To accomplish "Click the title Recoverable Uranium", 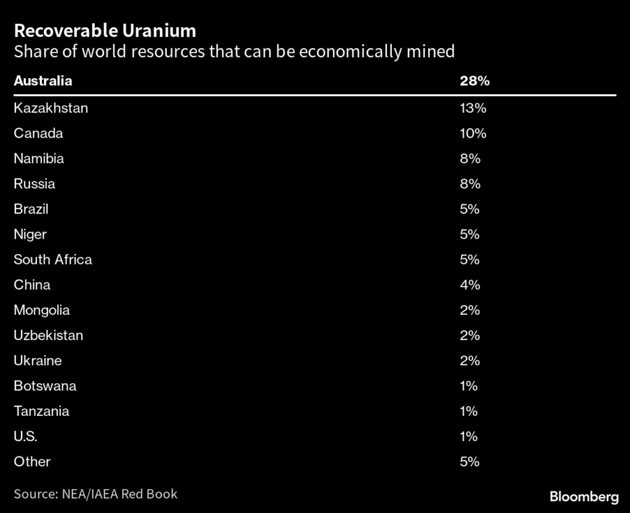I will pos(105,31).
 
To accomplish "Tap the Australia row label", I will pos(42,81).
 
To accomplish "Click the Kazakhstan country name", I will pos(51,108).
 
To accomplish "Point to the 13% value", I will pos(472,108).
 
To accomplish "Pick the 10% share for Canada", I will pos(472,133).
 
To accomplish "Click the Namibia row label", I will pos(39,159).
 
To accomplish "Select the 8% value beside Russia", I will pos(469,184).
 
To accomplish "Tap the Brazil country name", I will pos(31,209).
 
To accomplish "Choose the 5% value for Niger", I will pos(469,234).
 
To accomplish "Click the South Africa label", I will pos(53,260).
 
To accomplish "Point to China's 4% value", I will pos(469,285).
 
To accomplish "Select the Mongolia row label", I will pos(42,310).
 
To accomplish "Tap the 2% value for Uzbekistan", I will pos(469,335).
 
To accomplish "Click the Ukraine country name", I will pos(38,360).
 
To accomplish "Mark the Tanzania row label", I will pos(41,411).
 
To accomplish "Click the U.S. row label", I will pos(25,436).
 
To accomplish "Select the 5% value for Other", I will pos(469,461).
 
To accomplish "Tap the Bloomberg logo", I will pos(583,496).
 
